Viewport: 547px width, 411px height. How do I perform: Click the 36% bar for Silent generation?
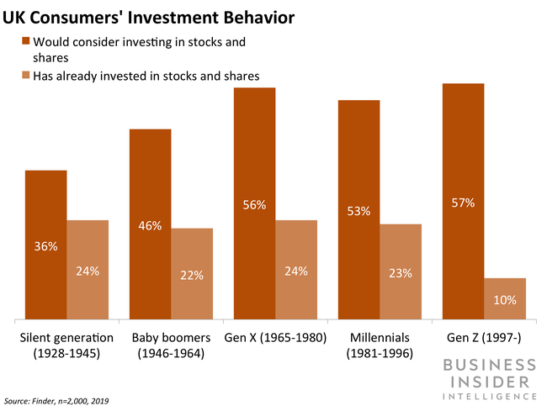[x=46, y=245]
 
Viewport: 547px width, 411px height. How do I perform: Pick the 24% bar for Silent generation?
[x=88, y=270]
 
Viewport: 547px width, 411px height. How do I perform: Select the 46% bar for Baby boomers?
[x=150, y=224]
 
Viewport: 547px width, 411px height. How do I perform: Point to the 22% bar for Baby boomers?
[x=192, y=274]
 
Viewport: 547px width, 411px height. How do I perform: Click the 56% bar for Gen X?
[x=254, y=203]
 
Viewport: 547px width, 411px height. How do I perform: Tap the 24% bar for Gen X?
[x=296, y=270]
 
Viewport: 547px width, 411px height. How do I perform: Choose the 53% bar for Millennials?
[x=358, y=210]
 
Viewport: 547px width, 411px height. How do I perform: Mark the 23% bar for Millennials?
[x=401, y=271]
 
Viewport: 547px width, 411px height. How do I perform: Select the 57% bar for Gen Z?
[x=463, y=202]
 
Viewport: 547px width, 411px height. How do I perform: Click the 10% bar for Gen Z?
[x=505, y=298]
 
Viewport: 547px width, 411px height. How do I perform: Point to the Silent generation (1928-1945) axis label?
[x=66, y=345]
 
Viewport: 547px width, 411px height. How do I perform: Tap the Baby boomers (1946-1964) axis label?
[x=171, y=345]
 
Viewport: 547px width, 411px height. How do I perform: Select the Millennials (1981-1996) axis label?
[x=380, y=345]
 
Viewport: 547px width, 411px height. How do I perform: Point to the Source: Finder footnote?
[x=59, y=402]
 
